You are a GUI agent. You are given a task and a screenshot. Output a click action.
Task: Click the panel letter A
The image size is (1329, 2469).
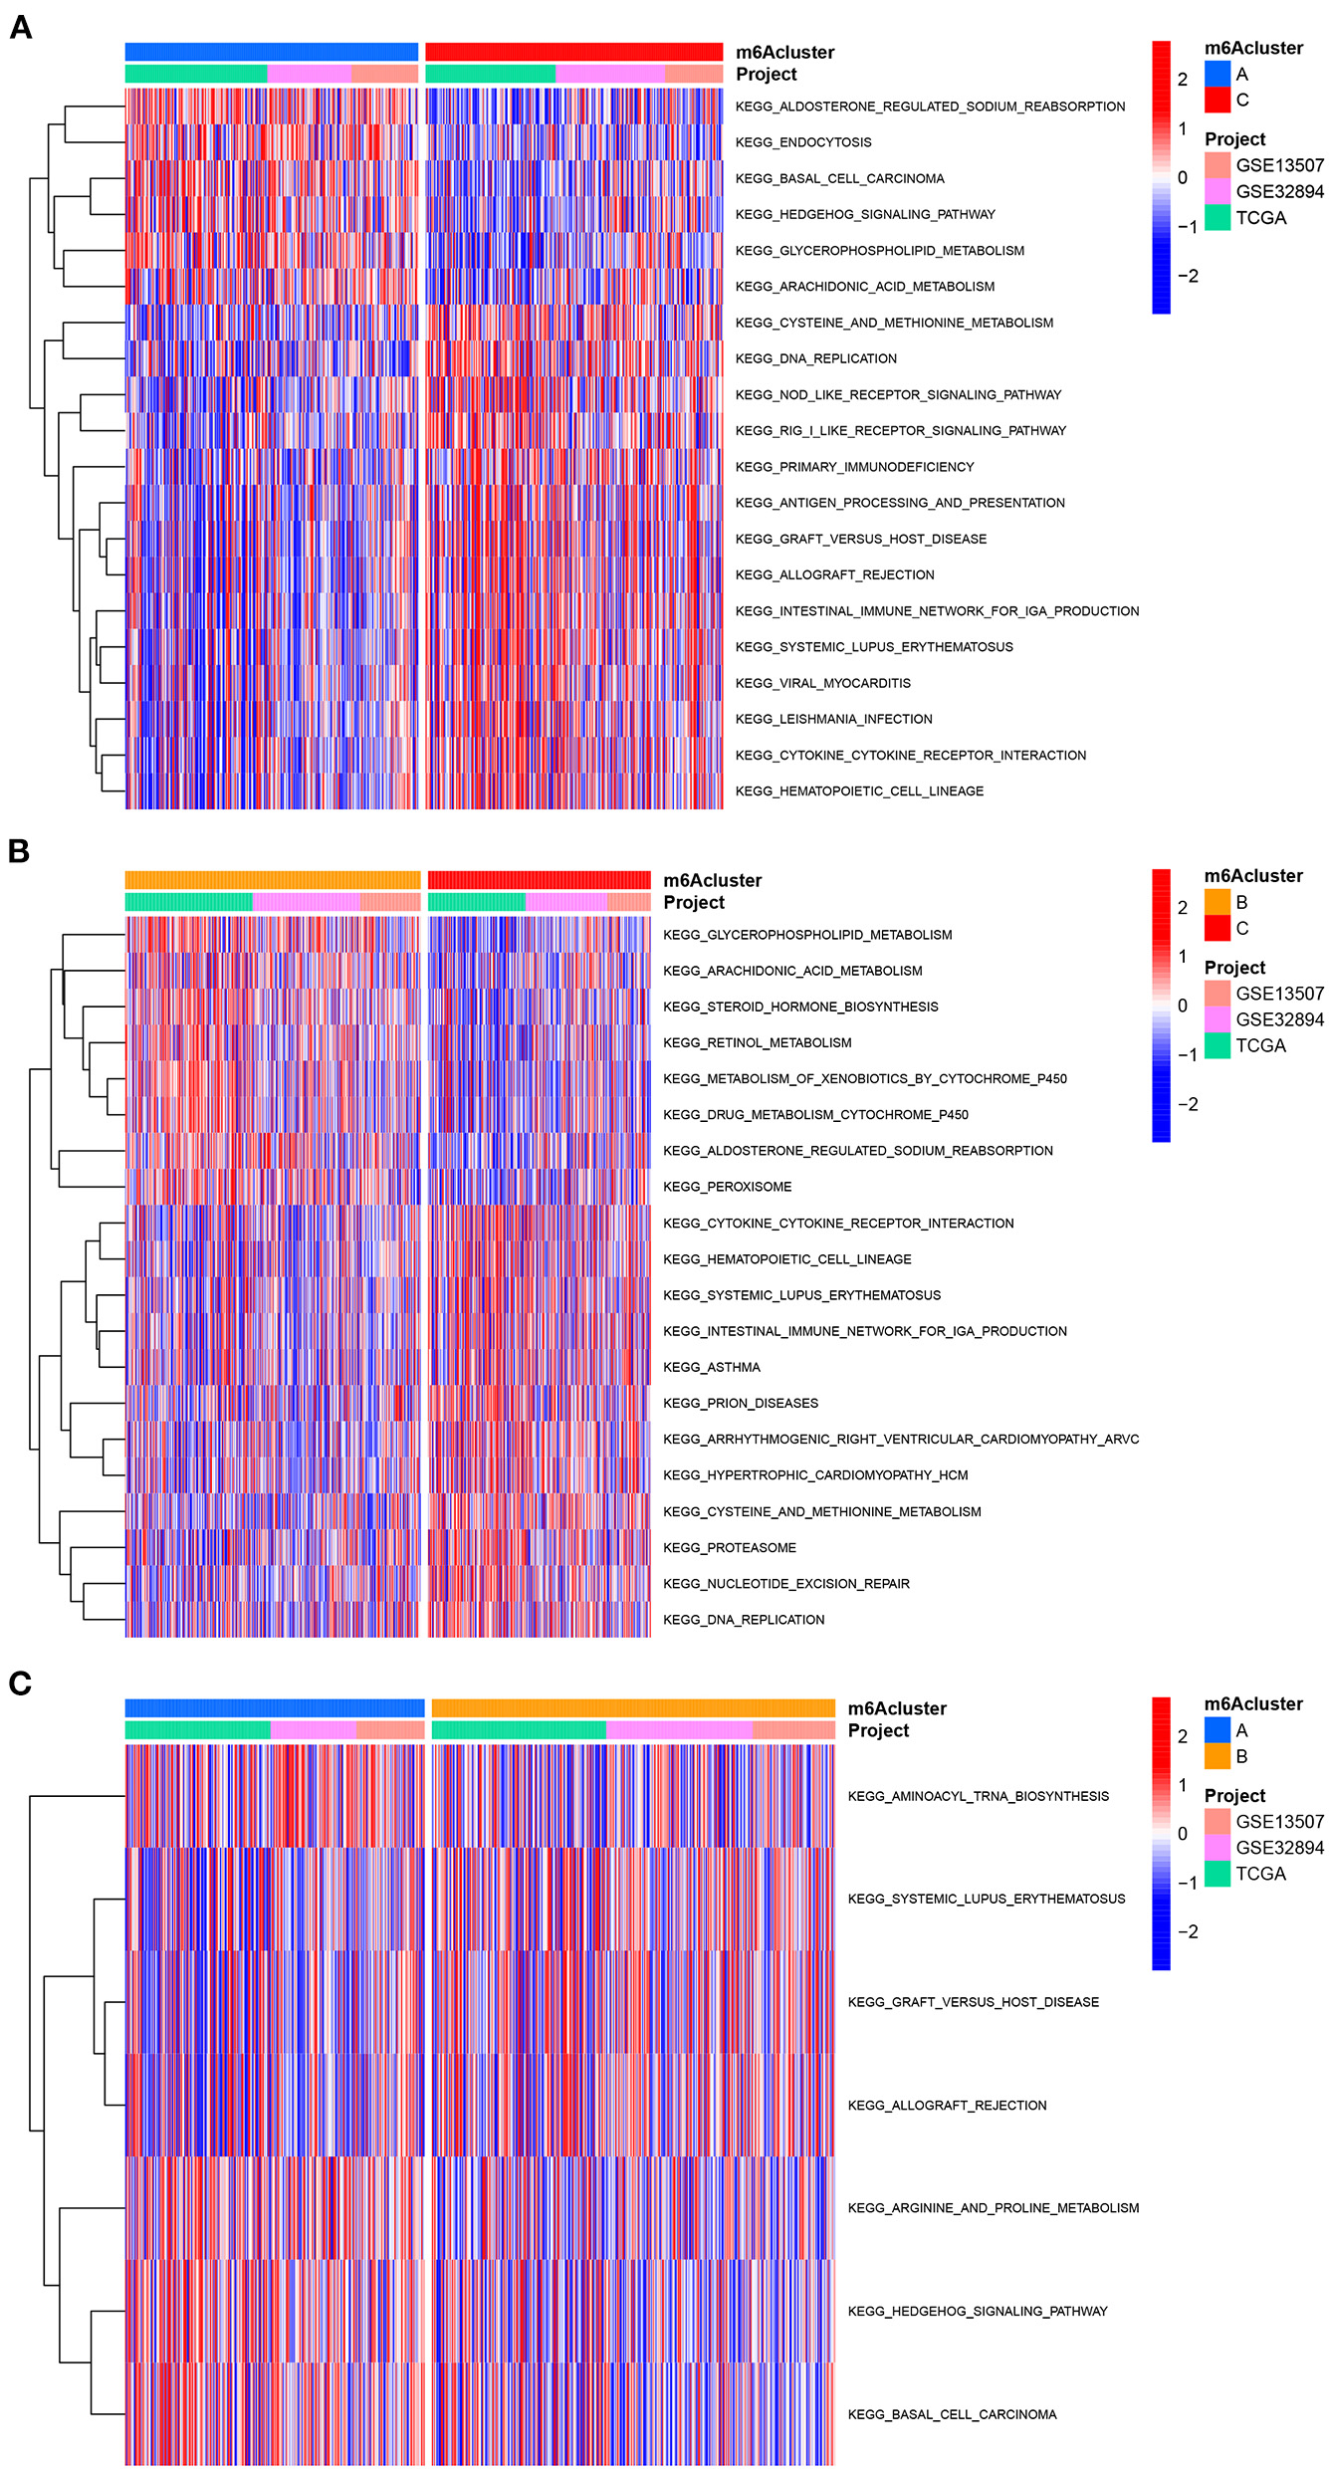21,28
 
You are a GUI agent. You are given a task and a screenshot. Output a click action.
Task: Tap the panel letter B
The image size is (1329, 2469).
19,851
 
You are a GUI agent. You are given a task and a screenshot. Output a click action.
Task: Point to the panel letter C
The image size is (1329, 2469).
20,1683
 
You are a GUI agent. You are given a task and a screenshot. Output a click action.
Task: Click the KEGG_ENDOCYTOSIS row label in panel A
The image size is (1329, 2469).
802,142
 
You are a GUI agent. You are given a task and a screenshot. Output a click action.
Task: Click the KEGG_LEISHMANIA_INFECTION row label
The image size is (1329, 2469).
833,719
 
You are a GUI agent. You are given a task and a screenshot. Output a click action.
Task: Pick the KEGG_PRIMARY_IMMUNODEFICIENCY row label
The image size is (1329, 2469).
854,467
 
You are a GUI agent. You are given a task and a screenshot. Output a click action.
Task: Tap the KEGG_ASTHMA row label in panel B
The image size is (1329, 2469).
711,1367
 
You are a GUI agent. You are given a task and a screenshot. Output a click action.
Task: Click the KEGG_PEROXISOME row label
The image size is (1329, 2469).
727,1187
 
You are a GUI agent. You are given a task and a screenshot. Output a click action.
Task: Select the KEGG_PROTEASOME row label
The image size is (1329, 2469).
729,1547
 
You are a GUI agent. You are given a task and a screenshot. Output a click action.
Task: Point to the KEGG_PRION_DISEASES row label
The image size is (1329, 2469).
740,1403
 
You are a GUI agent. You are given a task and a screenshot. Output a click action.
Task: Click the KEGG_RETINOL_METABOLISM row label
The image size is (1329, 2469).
757,1042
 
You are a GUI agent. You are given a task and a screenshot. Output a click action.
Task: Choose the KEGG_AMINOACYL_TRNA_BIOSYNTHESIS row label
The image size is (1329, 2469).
978,1796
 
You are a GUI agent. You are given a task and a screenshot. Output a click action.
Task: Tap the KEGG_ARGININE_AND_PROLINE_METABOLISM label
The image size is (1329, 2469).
993,2207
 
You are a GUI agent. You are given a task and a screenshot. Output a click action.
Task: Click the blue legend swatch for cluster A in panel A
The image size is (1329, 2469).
1218,74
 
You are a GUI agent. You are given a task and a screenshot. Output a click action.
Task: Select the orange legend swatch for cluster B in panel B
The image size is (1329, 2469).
1218,902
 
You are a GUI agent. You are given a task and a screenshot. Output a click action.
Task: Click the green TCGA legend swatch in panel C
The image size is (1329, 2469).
1218,1874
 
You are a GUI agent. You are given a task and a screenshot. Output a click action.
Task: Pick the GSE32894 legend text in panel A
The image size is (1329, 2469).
1279,191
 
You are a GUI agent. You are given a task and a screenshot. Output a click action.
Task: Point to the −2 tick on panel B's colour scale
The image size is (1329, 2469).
1187,1104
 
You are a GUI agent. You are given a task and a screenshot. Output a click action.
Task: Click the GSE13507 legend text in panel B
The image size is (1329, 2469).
1279,994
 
